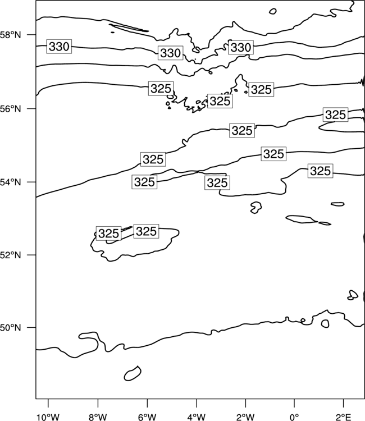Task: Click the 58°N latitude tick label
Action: [11, 35]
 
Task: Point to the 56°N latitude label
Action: [11, 109]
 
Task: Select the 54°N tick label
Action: [11, 182]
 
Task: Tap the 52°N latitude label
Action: [11, 255]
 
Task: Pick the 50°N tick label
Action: [11, 328]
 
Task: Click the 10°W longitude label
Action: [48, 417]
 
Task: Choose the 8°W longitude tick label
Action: [98, 417]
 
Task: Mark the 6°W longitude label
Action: [147, 417]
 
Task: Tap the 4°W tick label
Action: [197, 417]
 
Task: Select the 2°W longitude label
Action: [245, 417]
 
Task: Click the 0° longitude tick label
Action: [294, 417]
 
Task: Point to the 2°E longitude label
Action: [344, 417]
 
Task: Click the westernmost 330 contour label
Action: [59, 47]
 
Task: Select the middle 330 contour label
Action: [170, 53]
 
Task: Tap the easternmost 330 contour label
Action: [241, 48]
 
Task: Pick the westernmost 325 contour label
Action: [108, 234]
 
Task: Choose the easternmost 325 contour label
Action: [335, 115]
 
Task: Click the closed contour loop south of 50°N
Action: [133, 373]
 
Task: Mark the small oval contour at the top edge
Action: [272, 11]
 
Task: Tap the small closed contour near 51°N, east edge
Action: [353, 295]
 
